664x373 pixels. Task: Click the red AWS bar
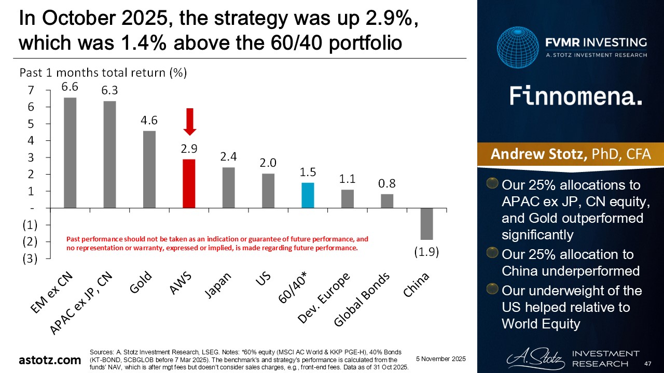coord(189,183)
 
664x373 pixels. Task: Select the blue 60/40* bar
coord(308,195)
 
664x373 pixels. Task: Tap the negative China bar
coord(426,224)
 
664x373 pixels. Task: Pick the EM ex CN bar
coord(70,153)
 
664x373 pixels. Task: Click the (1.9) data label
coord(426,252)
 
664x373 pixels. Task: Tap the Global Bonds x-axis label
coord(362,300)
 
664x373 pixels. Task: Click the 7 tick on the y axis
coord(31,90)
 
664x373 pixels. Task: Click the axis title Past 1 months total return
coord(103,73)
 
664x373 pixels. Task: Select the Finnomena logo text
coord(575,96)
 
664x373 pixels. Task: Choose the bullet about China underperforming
coord(570,263)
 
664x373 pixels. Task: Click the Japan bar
coord(229,188)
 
